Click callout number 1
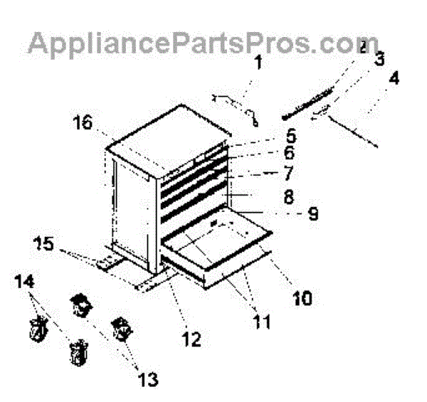pyautogui.click(x=258, y=63)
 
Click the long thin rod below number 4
pyautogui.click(x=352, y=134)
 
